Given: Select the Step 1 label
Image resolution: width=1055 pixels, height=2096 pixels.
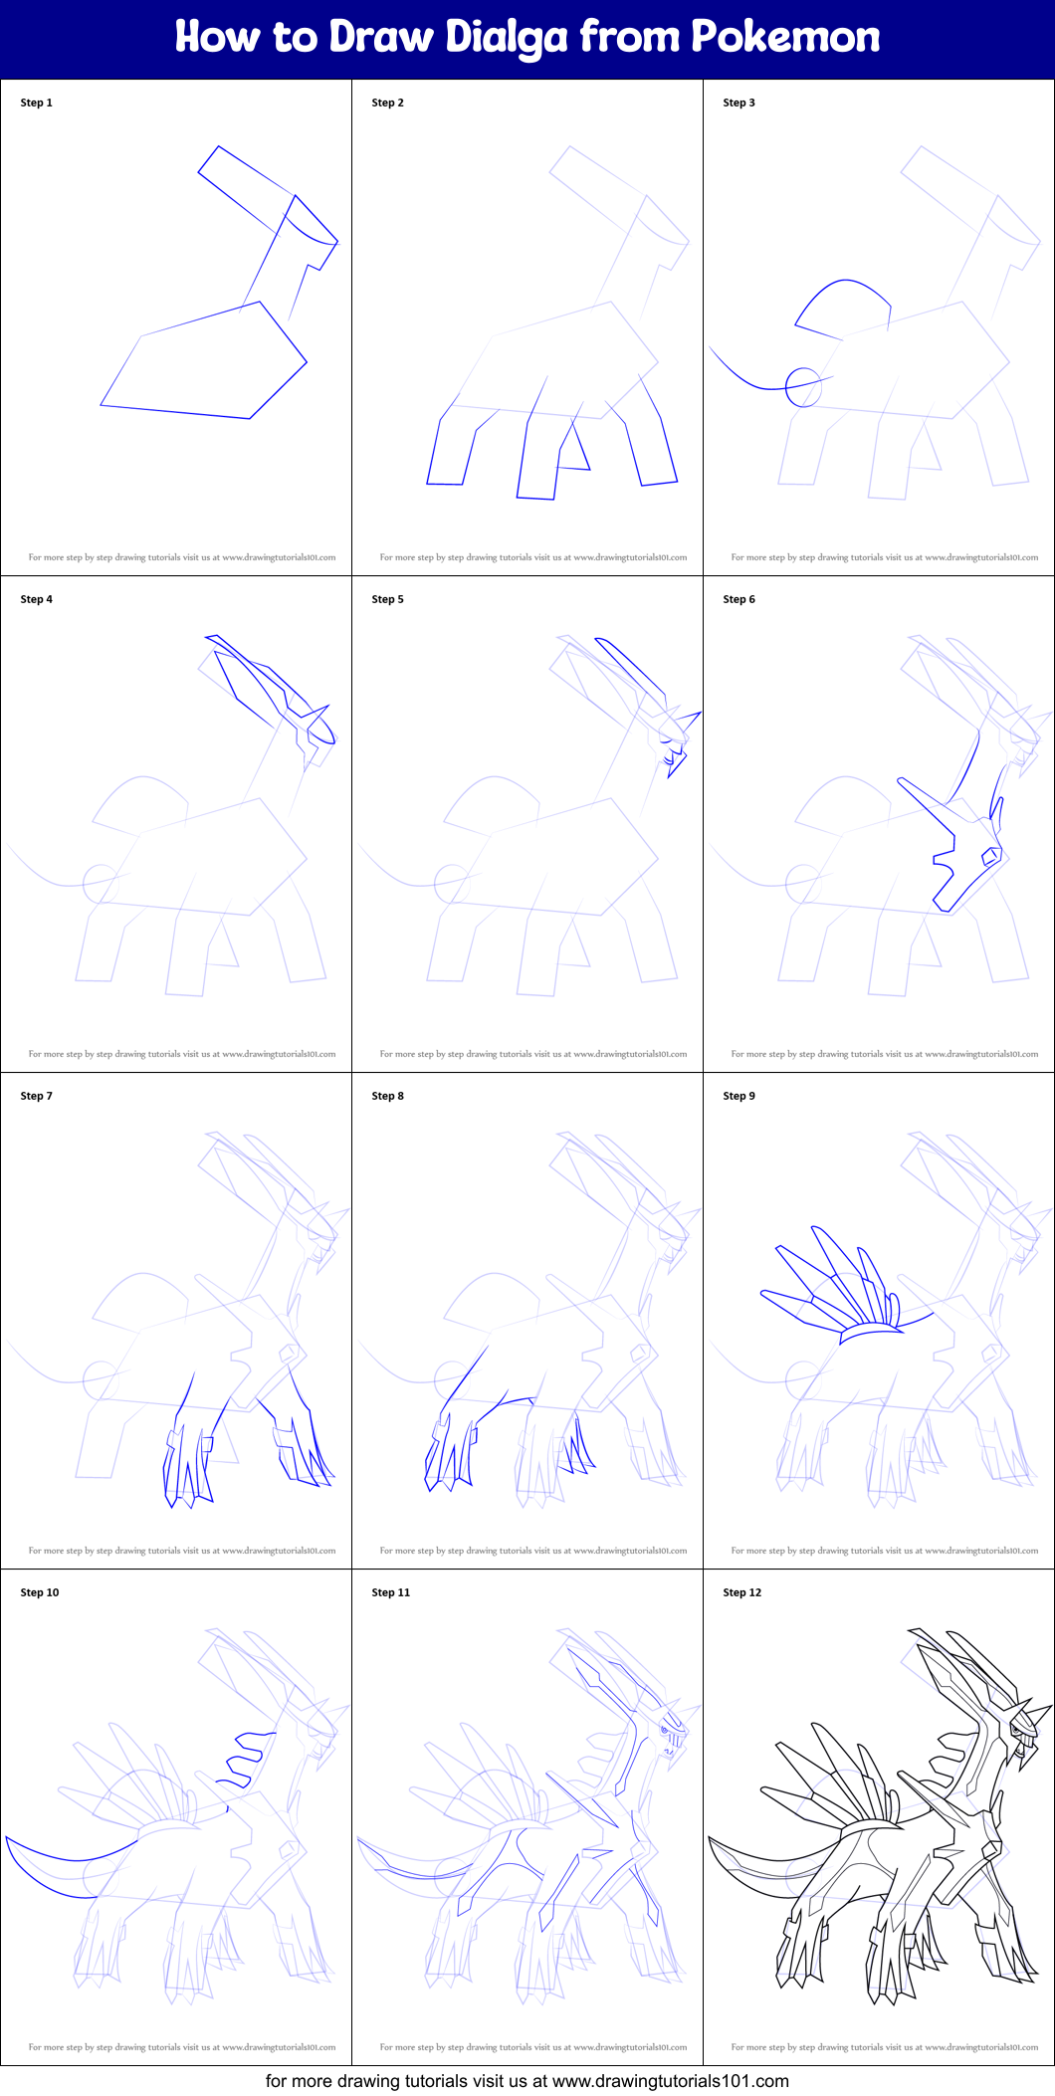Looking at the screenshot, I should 36,103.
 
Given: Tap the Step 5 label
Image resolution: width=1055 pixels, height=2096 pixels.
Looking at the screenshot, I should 387,599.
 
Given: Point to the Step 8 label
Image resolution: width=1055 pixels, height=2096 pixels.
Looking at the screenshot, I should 387,1096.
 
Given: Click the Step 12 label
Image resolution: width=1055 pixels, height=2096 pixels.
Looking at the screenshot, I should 741,1592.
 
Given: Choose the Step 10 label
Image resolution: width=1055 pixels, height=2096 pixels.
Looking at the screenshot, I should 40,1592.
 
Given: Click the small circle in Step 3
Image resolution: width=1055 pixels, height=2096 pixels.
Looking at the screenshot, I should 803,387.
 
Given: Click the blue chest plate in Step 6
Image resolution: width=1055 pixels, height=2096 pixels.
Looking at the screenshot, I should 960,856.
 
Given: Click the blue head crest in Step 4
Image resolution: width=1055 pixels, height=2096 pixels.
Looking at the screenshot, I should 269,687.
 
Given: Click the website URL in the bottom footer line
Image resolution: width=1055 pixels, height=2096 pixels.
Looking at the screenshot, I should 670,2081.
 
